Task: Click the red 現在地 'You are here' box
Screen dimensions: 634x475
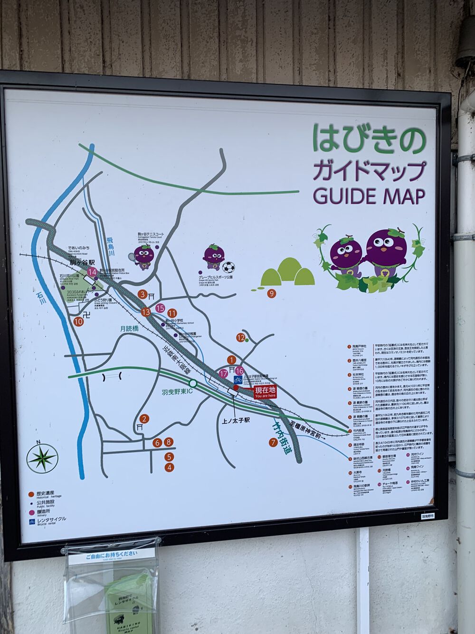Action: (x=265, y=392)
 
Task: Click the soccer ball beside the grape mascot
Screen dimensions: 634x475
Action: (x=229, y=267)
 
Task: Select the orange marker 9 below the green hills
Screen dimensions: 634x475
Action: (x=272, y=293)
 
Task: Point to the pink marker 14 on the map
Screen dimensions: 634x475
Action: (x=93, y=273)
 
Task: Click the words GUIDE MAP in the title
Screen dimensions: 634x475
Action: (x=369, y=195)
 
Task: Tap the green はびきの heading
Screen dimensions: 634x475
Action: (x=369, y=138)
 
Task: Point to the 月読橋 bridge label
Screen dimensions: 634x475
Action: (x=129, y=328)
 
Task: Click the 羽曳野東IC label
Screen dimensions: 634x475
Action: (x=176, y=392)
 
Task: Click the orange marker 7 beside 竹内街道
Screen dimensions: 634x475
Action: (x=273, y=442)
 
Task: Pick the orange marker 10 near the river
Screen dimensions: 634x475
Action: (x=78, y=322)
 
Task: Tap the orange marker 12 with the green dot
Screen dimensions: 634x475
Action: (x=241, y=338)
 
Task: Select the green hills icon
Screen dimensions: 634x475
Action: (x=287, y=273)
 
